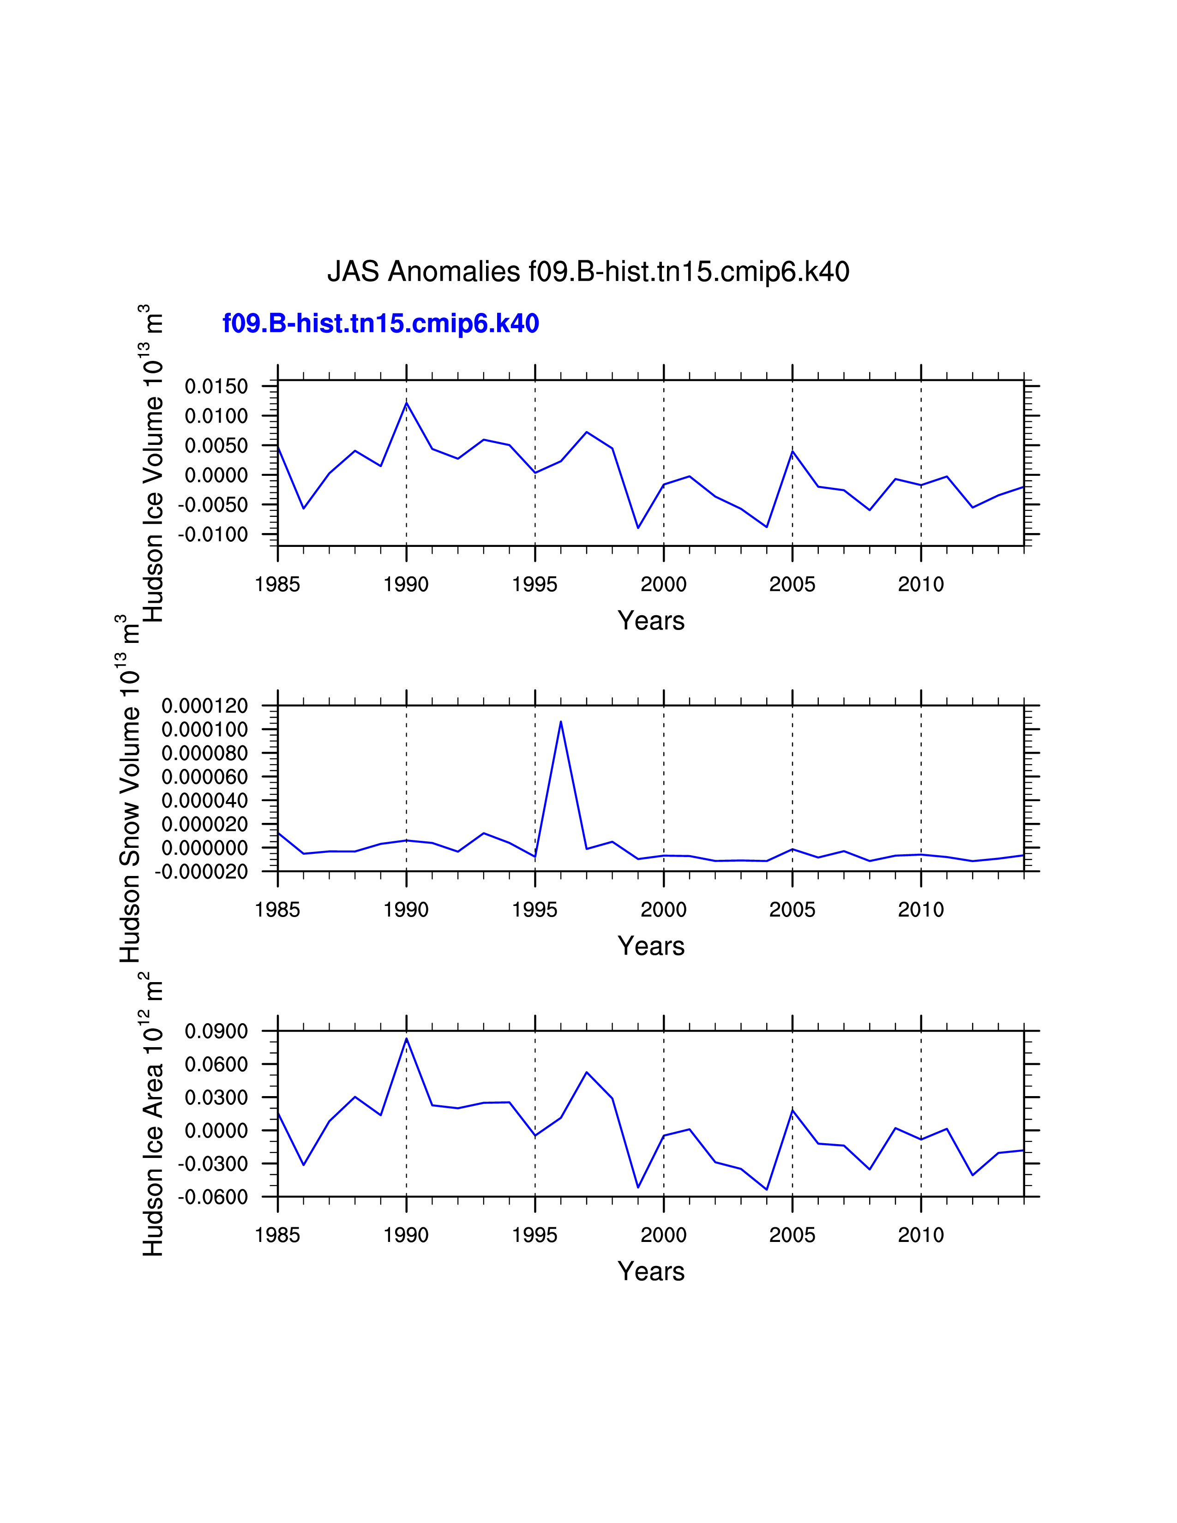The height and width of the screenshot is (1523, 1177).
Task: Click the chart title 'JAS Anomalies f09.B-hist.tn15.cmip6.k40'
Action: [x=588, y=271]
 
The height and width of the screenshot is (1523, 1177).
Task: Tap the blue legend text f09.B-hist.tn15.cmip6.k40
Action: [x=381, y=324]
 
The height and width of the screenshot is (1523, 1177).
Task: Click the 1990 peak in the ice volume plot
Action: [x=407, y=403]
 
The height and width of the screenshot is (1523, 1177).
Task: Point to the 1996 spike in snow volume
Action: [x=561, y=722]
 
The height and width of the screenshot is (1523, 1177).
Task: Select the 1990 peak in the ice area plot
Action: [x=407, y=1039]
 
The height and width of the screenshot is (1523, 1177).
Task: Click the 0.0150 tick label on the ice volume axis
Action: [x=216, y=386]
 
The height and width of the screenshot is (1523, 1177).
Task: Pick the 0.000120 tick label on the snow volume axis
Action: [x=205, y=706]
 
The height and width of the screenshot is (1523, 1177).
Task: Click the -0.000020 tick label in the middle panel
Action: [x=202, y=872]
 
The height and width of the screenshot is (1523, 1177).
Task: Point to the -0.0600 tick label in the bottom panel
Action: [x=213, y=1197]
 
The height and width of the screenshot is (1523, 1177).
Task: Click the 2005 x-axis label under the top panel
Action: [x=792, y=584]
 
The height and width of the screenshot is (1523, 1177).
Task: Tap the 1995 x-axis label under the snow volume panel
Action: [x=535, y=910]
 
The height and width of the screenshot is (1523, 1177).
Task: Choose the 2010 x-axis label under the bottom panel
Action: [x=920, y=1235]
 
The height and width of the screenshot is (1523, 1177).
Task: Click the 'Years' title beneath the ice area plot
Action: [x=650, y=1271]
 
